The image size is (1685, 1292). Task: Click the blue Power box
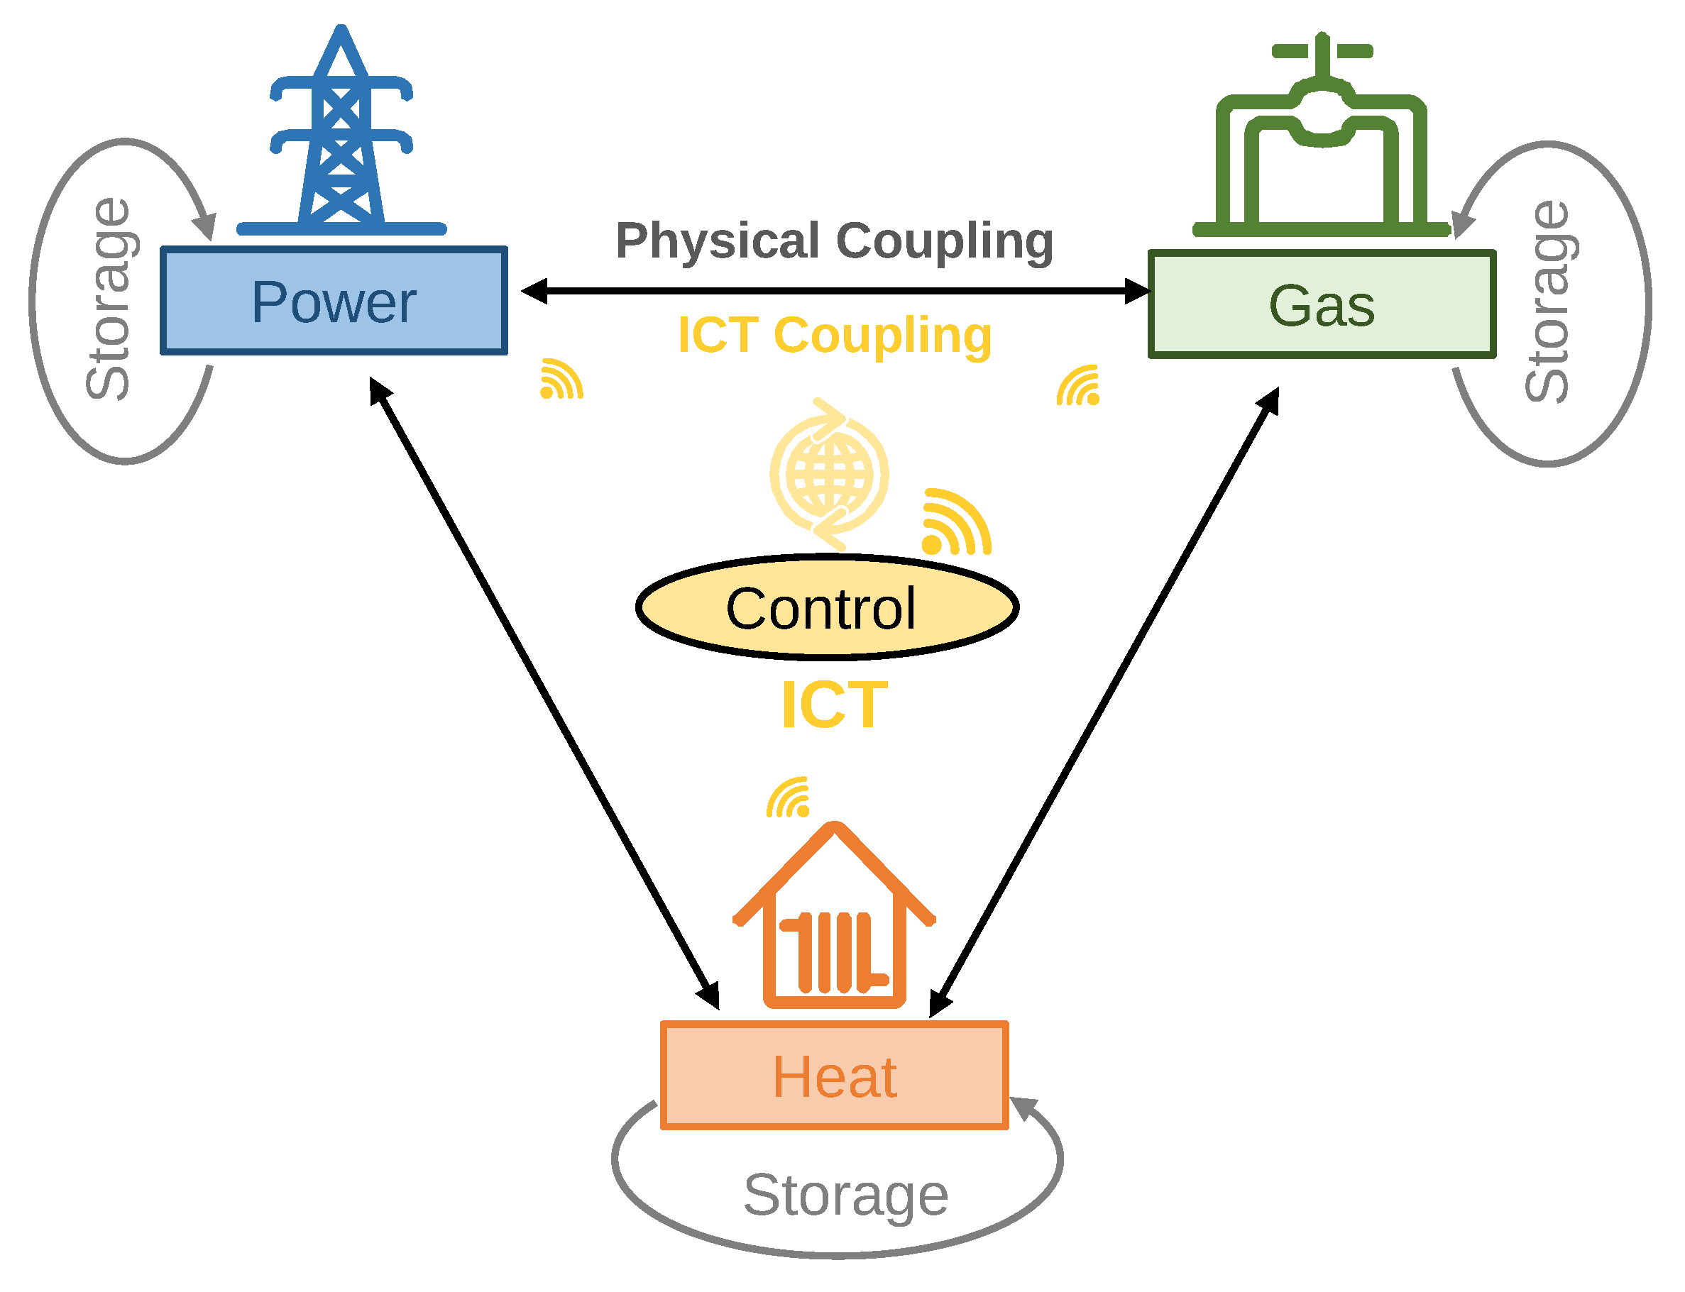333,301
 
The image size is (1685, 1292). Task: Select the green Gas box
1320,304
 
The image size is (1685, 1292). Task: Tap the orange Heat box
834,1076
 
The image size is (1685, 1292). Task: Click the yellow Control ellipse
826,608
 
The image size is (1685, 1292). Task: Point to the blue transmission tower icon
341,138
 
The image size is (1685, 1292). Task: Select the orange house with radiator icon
834,919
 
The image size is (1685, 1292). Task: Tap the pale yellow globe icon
828,474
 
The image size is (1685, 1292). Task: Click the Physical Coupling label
834,241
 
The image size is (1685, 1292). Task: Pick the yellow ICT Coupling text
834,336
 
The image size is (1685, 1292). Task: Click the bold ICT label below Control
834,705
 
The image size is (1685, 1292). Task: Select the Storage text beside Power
109,300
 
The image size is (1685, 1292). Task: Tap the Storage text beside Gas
1547,302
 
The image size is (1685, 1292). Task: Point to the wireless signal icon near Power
561,380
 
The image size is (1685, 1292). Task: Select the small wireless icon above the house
788,797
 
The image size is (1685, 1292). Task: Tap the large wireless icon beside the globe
955,523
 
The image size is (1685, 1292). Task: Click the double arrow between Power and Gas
834,292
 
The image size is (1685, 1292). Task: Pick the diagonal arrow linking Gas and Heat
1104,702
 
